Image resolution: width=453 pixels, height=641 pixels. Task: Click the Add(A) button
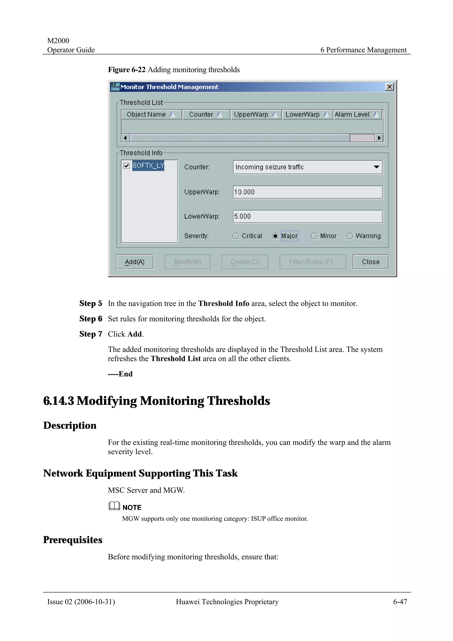pos(135,262)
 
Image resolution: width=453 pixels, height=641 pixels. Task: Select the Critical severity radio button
pos(236,236)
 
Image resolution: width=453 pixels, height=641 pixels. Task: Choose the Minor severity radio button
pos(314,236)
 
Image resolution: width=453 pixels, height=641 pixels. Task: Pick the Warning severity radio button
pos(350,236)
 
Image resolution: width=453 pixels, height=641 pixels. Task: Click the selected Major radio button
pos(275,236)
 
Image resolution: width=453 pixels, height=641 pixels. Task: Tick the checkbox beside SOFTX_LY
pos(127,166)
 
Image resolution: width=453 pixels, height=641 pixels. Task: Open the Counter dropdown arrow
pos(376,167)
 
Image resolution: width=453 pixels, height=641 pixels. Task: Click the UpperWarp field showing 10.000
pos(308,192)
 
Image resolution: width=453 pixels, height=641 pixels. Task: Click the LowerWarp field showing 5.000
pos(308,217)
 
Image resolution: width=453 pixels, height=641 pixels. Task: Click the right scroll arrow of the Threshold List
pos(379,138)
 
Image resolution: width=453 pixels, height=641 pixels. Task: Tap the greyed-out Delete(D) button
pos(245,262)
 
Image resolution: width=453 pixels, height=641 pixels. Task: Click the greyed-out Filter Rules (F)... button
pos(313,262)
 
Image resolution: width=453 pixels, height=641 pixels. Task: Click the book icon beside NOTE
pos(114,506)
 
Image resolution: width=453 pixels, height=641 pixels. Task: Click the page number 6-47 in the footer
pos(400,602)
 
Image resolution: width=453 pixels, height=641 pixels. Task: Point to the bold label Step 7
pos(91,334)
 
